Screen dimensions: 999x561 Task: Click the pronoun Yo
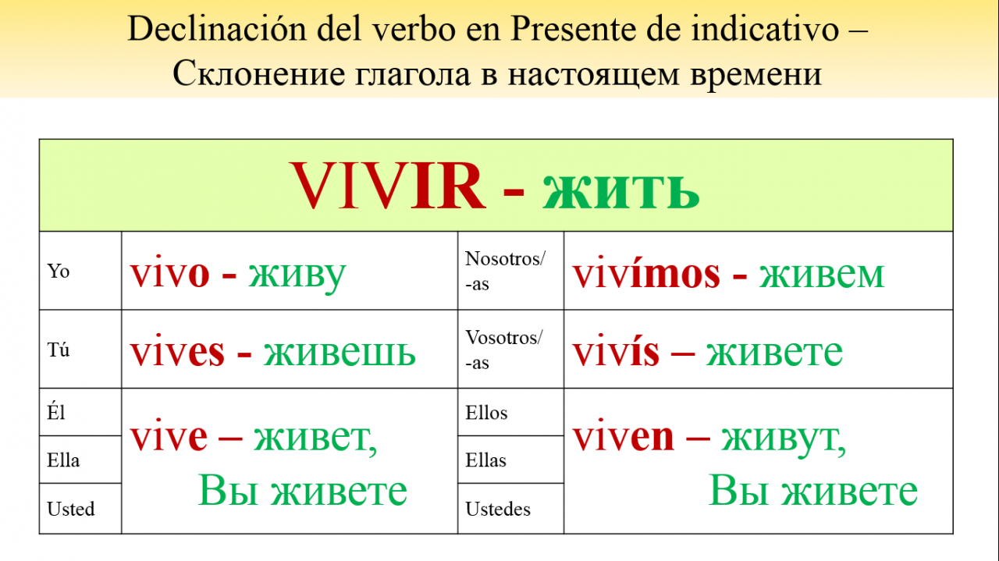(x=59, y=271)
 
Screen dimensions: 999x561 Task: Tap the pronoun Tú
(x=59, y=349)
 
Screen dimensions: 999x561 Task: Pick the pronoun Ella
(x=63, y=460)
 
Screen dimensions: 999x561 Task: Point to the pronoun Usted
(x=71, y=509)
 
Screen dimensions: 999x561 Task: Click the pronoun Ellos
(x=486, y=413)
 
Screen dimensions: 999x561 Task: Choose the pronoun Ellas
(x=486, y=460)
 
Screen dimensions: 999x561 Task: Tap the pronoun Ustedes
(x=498, y=509)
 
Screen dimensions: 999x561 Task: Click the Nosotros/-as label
(x=505, y=271)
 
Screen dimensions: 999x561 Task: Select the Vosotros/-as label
(x=504, y=350)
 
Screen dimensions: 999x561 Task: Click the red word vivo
(x=170, y=273)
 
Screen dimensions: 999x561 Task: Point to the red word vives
(x=177, y=352)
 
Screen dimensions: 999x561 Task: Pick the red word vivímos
(x=647, y=272)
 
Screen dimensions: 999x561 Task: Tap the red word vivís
(x=616, y=350)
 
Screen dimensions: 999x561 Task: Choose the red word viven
(x=623, y=436)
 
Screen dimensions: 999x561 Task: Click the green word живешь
(x=340, y=353)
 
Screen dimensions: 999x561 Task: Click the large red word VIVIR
(x=388, y=186)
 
